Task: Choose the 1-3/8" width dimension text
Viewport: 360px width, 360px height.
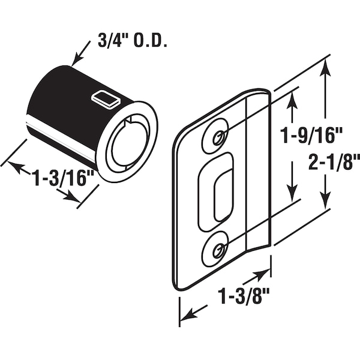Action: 244,296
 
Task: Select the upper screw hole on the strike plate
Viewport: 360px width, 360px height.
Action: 218,138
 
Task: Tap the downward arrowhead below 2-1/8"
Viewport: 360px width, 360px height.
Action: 325,199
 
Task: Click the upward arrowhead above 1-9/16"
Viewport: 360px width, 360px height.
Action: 292,101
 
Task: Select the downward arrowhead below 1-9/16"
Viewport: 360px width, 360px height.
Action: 292,193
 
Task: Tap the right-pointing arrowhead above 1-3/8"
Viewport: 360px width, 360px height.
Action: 261,275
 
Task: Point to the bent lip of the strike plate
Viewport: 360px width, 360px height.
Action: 259,170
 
